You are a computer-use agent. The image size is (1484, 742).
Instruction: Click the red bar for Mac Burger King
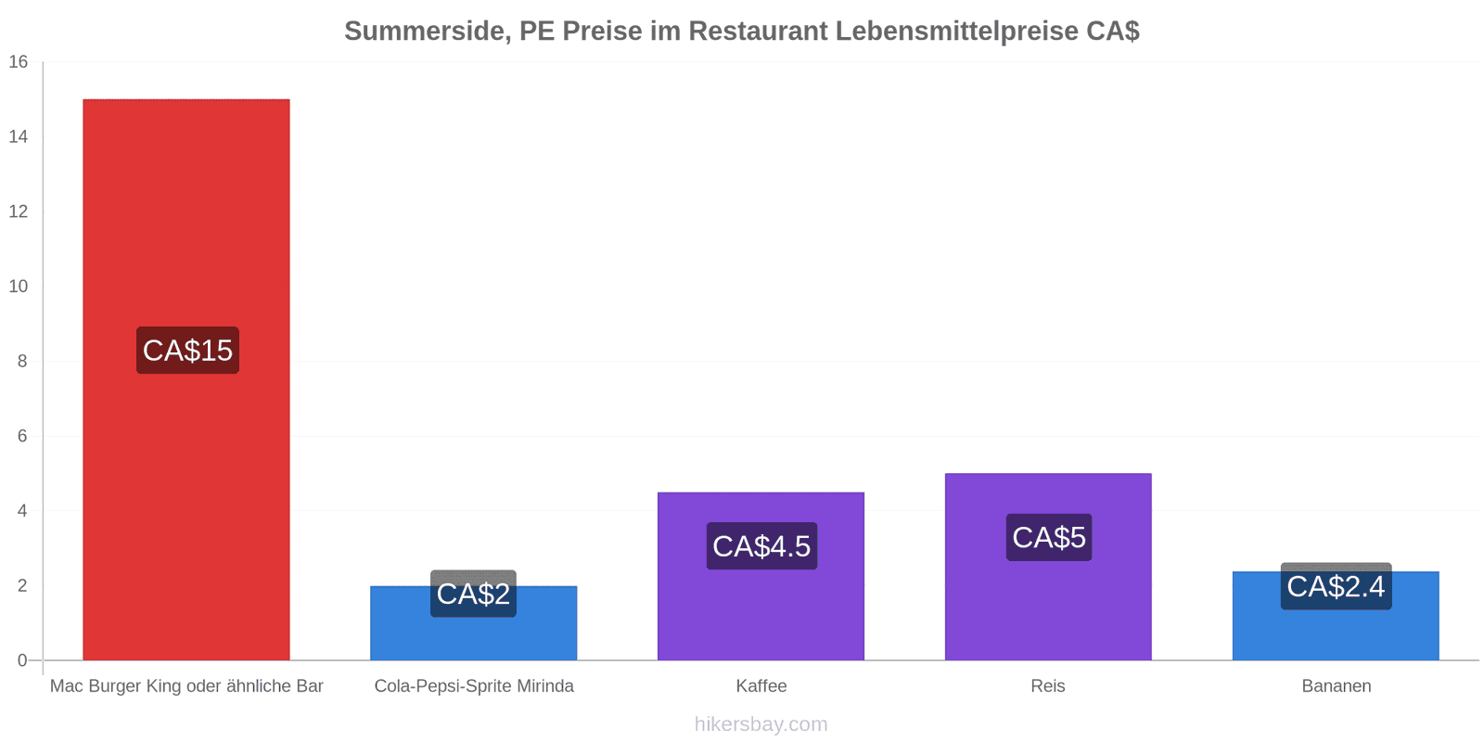pos(186,379)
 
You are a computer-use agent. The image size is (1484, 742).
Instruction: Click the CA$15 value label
pos(187,351)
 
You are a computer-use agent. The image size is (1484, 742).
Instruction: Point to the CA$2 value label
pos(474,594)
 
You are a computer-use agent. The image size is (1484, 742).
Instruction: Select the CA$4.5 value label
pos(761,546)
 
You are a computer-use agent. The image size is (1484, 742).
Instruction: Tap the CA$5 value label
pos(1049,537)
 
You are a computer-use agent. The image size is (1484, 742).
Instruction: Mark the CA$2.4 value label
pos(1337,586)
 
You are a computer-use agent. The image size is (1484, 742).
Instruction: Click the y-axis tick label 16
pos(19,61)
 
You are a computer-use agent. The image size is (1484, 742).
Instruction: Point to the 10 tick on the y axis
pos(19,287)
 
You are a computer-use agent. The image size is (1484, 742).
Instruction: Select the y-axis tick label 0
pos(22,660)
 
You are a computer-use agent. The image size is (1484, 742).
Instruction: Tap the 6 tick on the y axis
pos(22,436)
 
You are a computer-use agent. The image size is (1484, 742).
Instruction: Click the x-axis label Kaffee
pos(761,685)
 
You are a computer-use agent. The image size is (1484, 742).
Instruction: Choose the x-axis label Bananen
pos(1337,685)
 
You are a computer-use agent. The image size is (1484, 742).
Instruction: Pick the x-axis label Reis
pos(1048,685)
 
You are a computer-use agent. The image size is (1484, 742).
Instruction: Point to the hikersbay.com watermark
pos(761,724)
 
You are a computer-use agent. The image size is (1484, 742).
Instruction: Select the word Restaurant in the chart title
pos(758,32)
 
